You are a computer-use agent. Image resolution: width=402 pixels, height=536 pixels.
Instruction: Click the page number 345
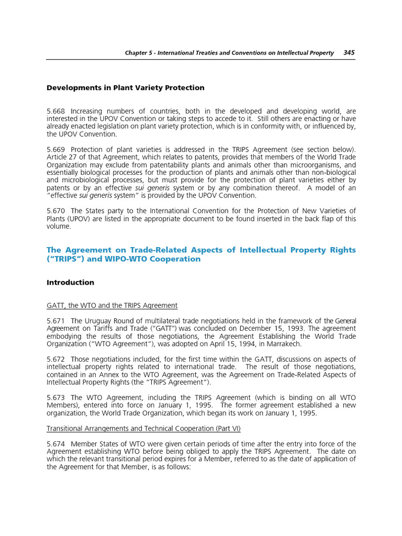349,53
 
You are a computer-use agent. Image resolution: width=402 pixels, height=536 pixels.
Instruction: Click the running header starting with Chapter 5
229,53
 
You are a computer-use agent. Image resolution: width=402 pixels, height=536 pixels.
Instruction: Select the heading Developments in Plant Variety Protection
126,88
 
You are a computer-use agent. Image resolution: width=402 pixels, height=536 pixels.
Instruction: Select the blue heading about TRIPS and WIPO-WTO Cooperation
201,254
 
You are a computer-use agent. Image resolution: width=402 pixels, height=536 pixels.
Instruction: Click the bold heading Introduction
71,283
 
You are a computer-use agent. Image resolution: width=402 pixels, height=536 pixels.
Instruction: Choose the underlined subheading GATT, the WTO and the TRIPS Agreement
112,305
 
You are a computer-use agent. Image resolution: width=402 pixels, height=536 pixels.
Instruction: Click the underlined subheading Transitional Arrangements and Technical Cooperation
143,428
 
